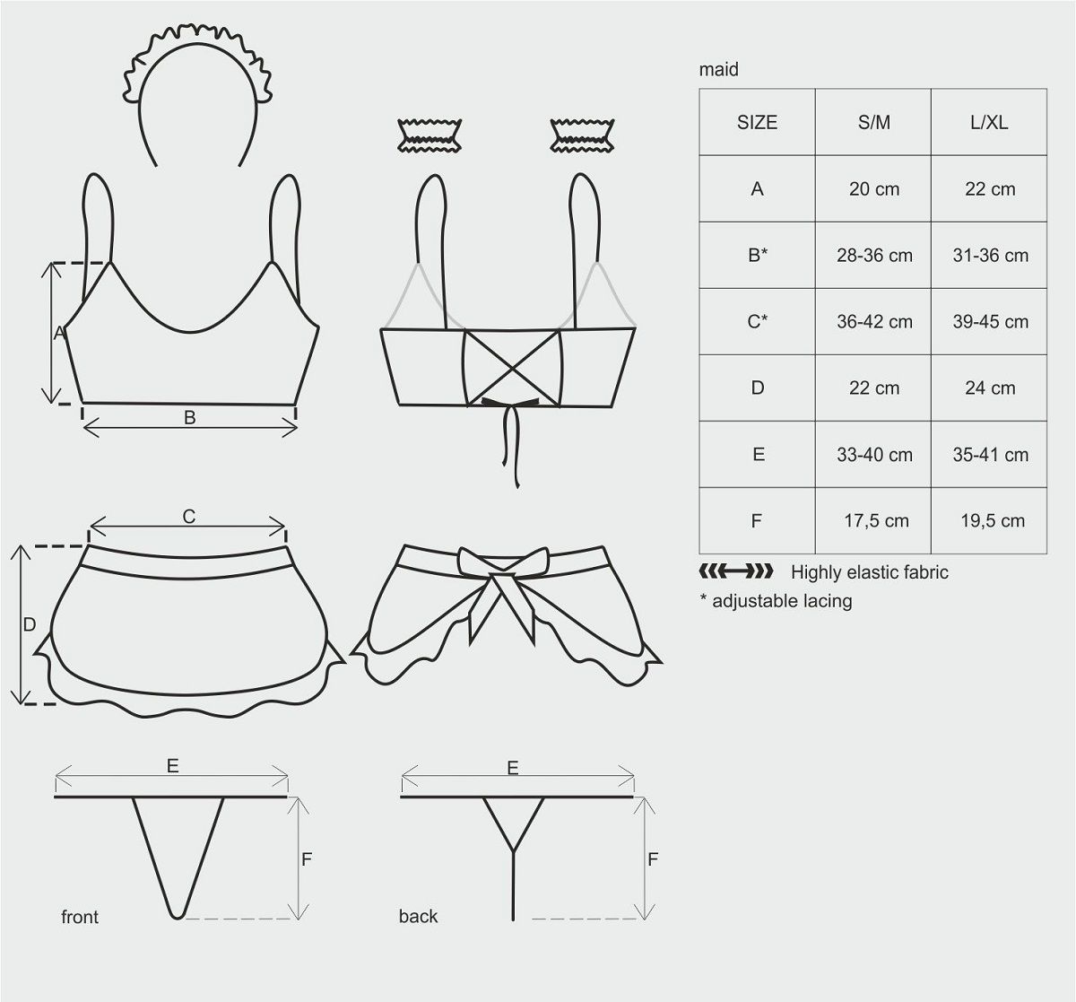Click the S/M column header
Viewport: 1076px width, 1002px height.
click(873, 123)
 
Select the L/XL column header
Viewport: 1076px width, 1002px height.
click(989, 123)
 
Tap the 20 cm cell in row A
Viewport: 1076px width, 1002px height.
click(874, 189)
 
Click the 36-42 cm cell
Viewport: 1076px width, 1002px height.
click(874, 321)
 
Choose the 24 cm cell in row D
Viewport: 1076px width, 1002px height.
click(990, 388)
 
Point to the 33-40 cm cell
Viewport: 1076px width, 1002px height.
click(874, 455)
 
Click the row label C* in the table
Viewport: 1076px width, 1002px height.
click(757, 321)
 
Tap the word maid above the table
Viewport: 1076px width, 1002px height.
click(718, 69)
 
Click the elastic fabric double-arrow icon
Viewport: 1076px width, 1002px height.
click(736, 571)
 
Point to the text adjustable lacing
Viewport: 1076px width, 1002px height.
click(782, 601)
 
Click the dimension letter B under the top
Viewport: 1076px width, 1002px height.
click(189, 417)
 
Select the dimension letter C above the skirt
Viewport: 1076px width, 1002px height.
click(188, 517)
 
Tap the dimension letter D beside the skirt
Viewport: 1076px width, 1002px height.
click(30, 624)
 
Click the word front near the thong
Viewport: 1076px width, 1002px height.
click(80, 917)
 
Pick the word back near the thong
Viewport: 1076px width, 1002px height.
click(418, 916)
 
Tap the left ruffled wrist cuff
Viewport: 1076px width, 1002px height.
click(430, 135)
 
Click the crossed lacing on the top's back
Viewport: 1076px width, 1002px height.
click(512, 368)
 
